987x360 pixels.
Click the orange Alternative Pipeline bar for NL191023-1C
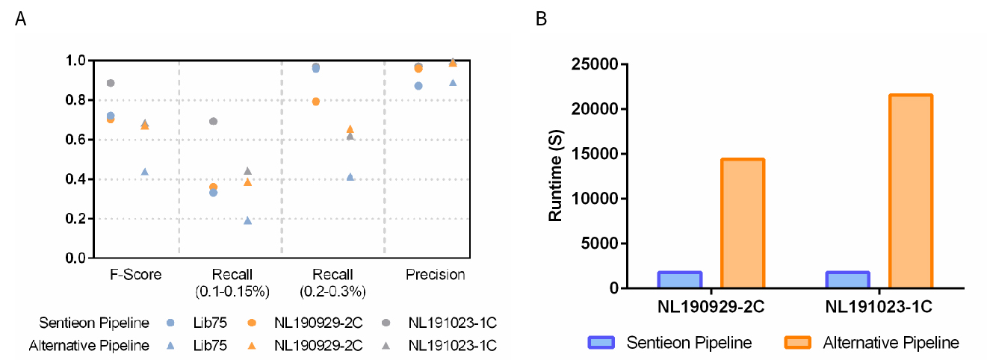[x=910, y=191]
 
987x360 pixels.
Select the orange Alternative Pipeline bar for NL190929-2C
[x=742, y=223]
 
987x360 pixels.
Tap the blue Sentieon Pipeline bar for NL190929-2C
[x=679, y=280]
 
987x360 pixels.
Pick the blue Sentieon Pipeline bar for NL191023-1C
[x=847, y=280]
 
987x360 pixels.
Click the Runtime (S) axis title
[x=556, y=178]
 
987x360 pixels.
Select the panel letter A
[x=21, y=19]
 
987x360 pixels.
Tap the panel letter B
[x=541, y=19]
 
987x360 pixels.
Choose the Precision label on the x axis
[x=436, y=275]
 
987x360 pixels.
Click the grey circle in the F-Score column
[x=111, y=83]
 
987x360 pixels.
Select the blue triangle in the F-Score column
[x=144, y=172]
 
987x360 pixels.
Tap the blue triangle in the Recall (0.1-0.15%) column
[x=247, y=220]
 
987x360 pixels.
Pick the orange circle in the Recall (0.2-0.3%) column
[x=316, y=102]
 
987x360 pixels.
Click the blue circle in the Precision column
[x=418, y=86]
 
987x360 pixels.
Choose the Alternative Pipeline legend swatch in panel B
[x=799, y=343]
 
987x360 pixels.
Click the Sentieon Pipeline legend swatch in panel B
[x=601, y=343]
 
